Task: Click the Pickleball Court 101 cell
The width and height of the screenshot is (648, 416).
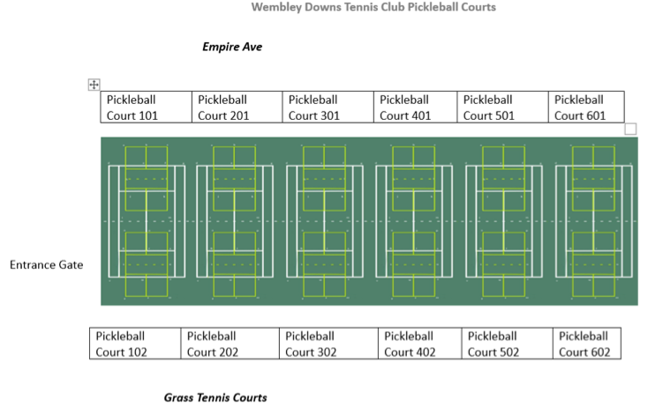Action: pyautogui.click(x=147, y=107)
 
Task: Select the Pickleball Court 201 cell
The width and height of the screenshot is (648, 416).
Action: pyautogui.click(x=237, y=107)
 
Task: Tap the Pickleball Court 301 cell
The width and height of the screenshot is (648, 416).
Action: pyautogui.click(x=328, y=107)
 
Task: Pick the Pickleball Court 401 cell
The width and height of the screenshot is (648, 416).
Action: pyautogui.click(x=415, y=107)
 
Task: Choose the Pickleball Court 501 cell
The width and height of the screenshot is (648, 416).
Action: pyautogui.click(x=503, y=107)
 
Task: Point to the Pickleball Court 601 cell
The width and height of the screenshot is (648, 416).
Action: pyautogui.click(x=586, y=107)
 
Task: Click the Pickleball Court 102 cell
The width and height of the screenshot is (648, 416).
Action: pyautogui.click(x=135, y=344)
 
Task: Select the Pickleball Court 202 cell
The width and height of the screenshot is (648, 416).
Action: pyautogui.click(x=230, y=344)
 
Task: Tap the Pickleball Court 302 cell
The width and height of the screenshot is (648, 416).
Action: pyautogui.click(x=329, y=344)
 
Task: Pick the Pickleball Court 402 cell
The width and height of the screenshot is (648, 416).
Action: pyautogui.click(x=420, y=344)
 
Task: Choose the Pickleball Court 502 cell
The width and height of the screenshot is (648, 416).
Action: pyautogui.click(x=508, y=344)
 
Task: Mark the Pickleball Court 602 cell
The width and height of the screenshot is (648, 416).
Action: pyautogui.click(x=587, y=344)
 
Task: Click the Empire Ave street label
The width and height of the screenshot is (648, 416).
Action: pyautogui.click(x=232, y=47)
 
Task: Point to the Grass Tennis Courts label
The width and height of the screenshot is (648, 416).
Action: pyautogui.click(x=215, y=397)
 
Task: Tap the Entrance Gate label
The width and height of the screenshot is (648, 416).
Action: pyautogui.click(x=46, y=264)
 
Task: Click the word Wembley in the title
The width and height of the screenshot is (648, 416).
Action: pyautogui.click(x=276, y=7)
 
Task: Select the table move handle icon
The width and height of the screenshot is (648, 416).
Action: pyautogui.click(x=94, y=85)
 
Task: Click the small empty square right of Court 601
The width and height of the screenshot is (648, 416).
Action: pyautogui.click(x=630, y=129)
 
